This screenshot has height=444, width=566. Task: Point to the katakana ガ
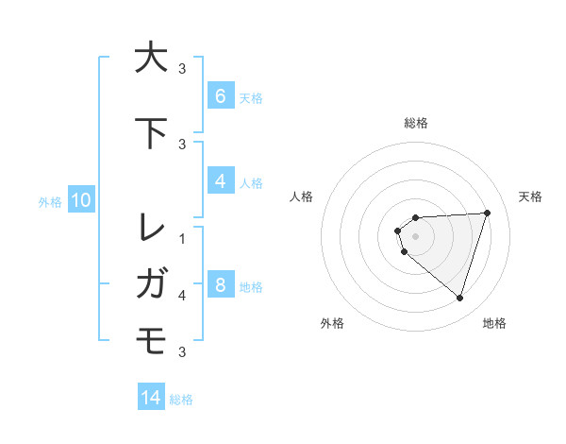151,282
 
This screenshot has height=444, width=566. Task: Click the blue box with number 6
220,96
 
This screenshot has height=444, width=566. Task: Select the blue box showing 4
220,181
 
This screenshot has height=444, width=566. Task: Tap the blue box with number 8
220,285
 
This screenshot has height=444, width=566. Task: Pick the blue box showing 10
80,200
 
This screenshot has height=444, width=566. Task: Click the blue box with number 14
151,398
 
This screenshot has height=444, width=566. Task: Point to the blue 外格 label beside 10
50,201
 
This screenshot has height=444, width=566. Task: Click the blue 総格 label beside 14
181,400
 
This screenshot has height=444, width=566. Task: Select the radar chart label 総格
416,123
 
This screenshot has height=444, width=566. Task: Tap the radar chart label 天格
531,196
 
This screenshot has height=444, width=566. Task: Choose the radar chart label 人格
301,196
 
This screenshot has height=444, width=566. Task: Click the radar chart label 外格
332,323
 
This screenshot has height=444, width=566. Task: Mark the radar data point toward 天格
487,213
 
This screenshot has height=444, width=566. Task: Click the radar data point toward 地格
459,298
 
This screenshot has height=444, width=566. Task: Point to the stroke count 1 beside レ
182,237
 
